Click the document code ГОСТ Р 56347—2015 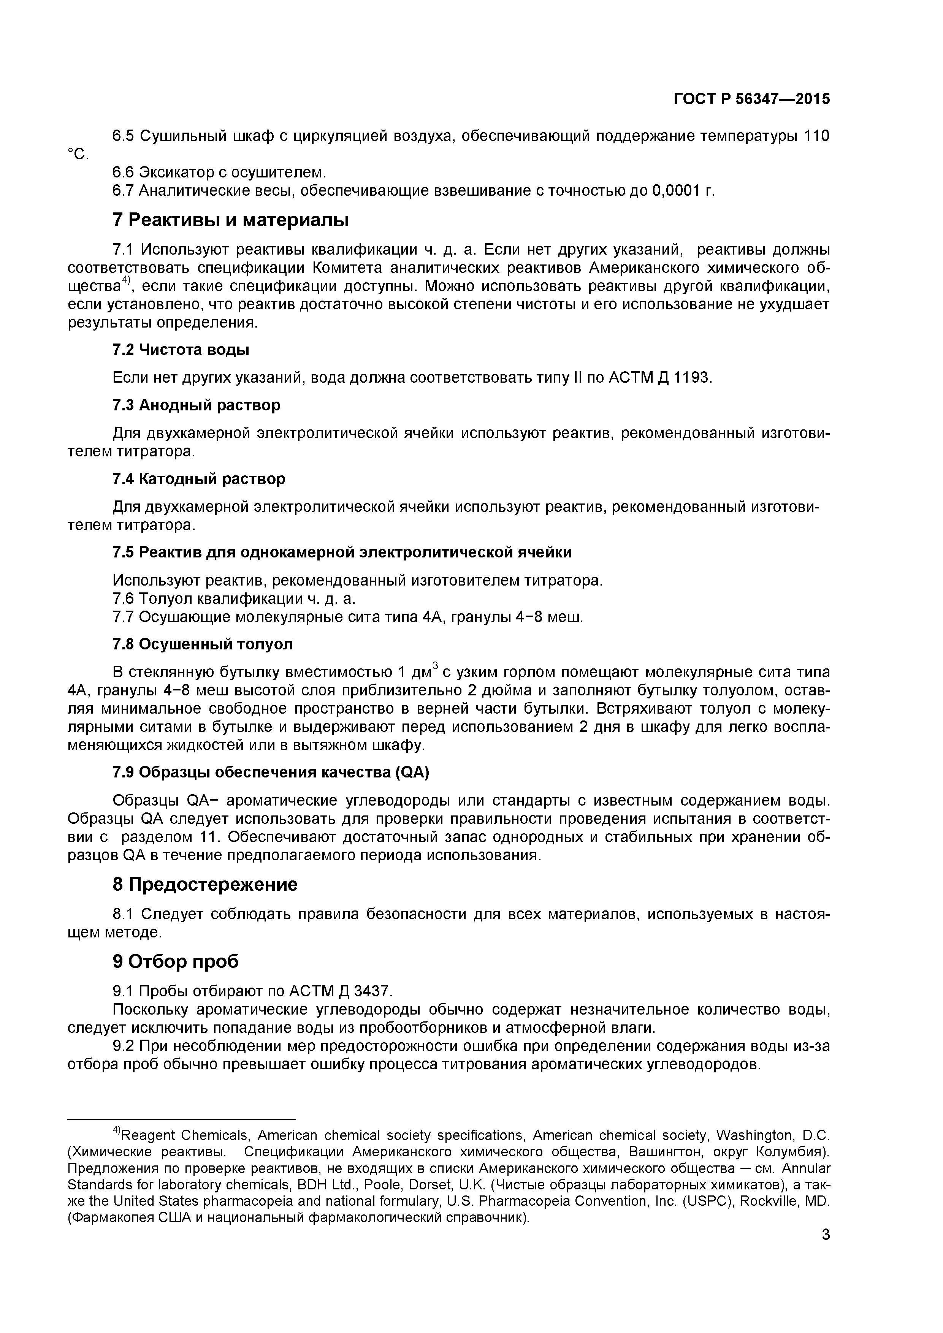coord(751,99)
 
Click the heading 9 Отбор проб coord(175,962)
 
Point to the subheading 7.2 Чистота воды coord(181,350)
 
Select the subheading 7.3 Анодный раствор coord(196,405)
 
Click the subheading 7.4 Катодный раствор coord(198,479)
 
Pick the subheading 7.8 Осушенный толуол coord(203,644)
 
